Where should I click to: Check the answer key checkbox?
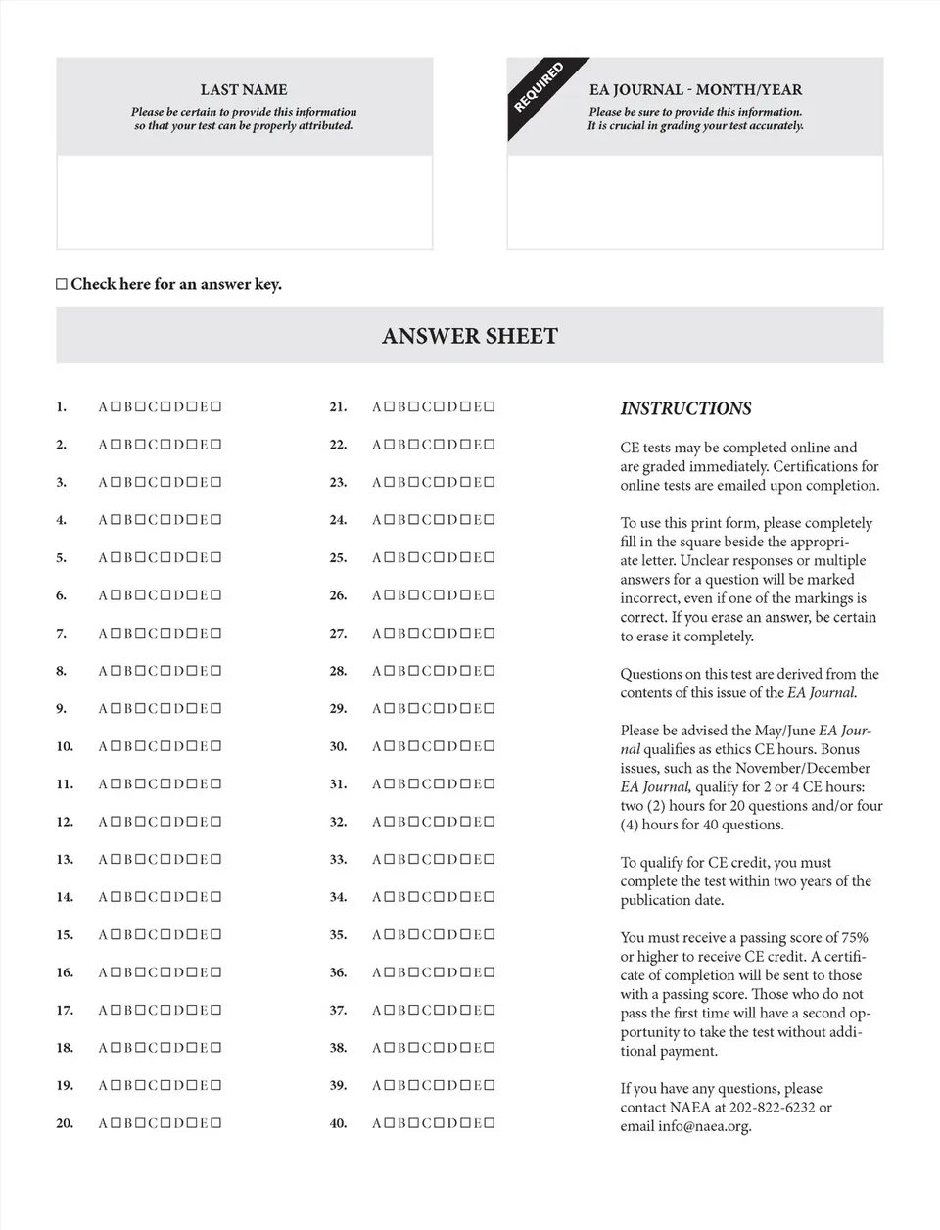[62, 285]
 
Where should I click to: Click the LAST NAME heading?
[244, 89]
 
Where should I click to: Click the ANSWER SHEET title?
[470, 336]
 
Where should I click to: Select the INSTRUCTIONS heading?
[685, 408]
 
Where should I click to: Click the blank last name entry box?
[244, 202]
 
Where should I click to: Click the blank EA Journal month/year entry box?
[695, 202]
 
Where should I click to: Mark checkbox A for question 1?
[115, 406]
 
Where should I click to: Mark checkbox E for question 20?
[216, 1123]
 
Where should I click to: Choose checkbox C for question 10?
[165, 746]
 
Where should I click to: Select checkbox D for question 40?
[465, 1123]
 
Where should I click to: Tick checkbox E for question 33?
[491, 860]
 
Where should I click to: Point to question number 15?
[65, 935]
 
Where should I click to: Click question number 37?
[338, 1011]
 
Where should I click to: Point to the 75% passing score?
[853, 938]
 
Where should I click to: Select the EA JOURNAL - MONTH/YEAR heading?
[695, 89]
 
